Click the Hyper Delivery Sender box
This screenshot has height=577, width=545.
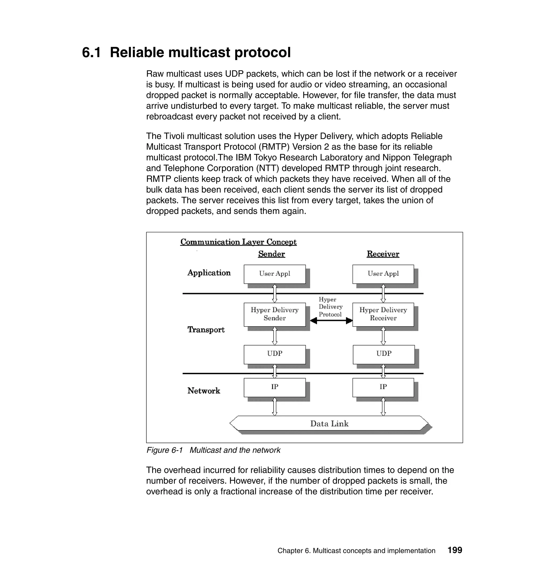click(x=275, y=314)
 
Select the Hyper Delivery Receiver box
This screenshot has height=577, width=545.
click(x=383, y=314)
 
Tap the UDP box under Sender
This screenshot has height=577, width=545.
click(x=275, y=354)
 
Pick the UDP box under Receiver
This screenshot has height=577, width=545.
click(x=383, y=354)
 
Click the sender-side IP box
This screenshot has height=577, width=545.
click(x=275, y=387)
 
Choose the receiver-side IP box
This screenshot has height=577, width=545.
click(x=383, y=387)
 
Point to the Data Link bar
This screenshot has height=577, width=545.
click(x=329, y=423)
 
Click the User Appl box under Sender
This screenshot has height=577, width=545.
click(x=275, y=274)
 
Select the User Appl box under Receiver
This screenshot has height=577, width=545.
click(x=383, y=274)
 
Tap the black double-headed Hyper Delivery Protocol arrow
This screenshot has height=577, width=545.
click(x=331, y=321)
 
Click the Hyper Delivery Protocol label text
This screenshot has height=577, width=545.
click(x=330, y=307)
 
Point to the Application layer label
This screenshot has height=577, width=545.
click(x=209, y=273)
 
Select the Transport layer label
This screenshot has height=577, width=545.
click(x=206, y=330)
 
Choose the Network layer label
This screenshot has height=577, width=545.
click(x=204, y=391)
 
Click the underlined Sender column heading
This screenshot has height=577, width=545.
click(x=271, y=254)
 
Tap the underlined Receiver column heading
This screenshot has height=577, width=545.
click(x=383, y=254)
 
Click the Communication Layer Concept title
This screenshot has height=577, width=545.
click(x=238, y=242)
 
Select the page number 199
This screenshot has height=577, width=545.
click(x=455, y=550)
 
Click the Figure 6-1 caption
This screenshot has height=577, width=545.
click(x=213, y=450)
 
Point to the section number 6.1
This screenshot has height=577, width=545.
click(x=91, y=53)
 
